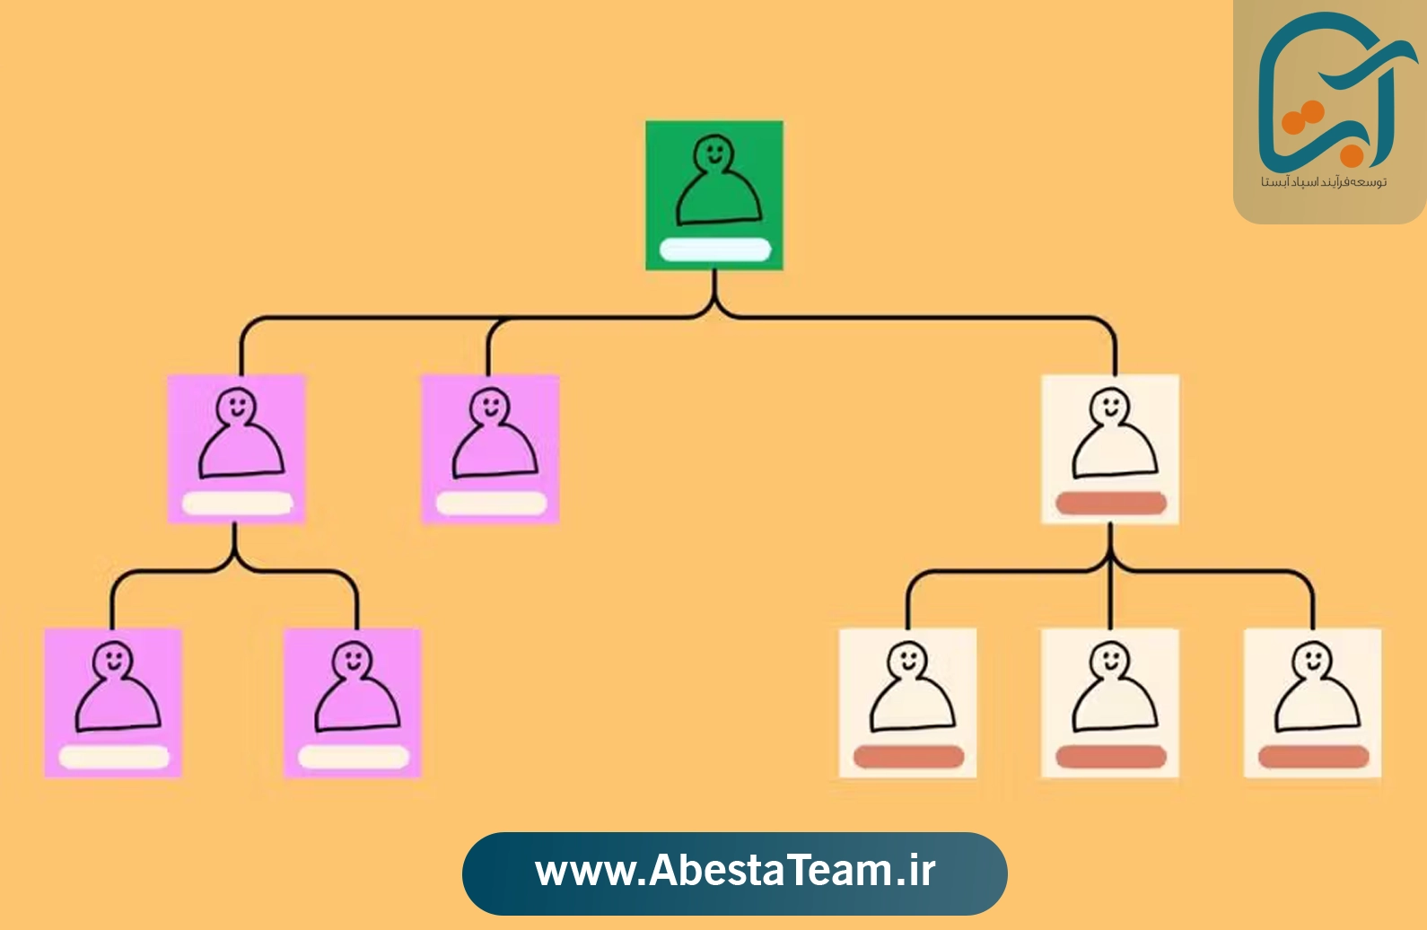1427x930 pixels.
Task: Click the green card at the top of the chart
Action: click(x=714, y=195)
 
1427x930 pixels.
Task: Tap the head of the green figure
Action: click(x=713, y=153)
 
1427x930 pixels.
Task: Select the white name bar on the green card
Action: click(x=714, y=250)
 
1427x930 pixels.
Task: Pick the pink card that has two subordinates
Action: click(x=236, y=449)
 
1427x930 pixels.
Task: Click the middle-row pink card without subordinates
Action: click(x=491, y=449)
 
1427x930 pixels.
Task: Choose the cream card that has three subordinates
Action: click(x=1110, y=449)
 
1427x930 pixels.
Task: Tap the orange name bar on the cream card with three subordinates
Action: click(x=1111, y=504)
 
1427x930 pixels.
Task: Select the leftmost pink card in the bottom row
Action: click(x=113, y=703)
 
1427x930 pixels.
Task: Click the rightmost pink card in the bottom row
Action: click(x=353, y=703)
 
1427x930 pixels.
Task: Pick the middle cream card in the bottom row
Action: click(x=1110, y=703)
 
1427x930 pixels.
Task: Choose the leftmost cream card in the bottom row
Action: click(x=907, y=703)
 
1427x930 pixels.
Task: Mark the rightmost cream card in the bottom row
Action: click(x=1312, y=703)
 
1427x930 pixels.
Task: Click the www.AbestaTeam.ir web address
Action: click(x=735, y=871)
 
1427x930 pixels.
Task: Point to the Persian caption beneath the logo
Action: click(x=1324, y=182)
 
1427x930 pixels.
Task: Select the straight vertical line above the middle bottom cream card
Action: click(x=1110, y=593)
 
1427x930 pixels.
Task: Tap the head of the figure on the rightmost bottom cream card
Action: click(x=1312, y=661)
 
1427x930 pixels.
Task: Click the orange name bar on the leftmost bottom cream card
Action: click(x=908, y=757)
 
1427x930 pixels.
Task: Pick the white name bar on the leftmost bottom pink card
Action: click(x=114, y=758)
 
